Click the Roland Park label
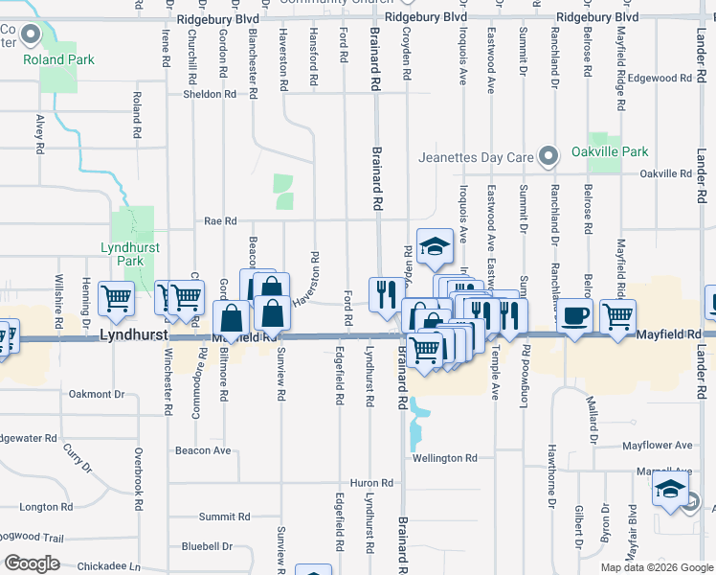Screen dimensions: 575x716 (x=59, y=59)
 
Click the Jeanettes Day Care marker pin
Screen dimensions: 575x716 (x=548, y=154)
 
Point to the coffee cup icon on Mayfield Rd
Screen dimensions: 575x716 (x=574, y=316)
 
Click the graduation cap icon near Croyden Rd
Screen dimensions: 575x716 (x=435, y=245)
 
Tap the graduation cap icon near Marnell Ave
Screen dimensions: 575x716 (x=669, y=491)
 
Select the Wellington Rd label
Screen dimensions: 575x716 (x=444, y=458)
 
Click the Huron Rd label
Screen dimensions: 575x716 (x=372, y=483)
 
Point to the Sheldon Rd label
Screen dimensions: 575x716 (x=210, y=94)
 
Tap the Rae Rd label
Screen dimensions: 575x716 (x=220, y=220)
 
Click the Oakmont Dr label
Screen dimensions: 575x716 (x=98, y=394)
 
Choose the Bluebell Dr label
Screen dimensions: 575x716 (x=206, y=546)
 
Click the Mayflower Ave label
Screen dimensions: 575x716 (x=657, y=445)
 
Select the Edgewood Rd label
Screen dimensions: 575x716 (x=658, y=78)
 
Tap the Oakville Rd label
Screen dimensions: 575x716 (x=664, y=173)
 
